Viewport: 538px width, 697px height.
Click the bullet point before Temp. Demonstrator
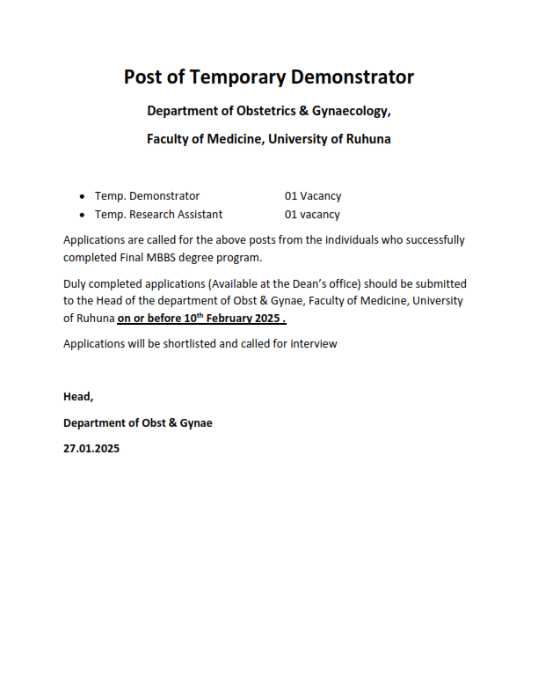82,196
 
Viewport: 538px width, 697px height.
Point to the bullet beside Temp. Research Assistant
82,215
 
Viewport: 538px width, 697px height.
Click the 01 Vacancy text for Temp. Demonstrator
312,196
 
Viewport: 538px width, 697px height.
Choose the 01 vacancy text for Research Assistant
312,215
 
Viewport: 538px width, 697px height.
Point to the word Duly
76,283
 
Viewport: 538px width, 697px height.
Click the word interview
313,343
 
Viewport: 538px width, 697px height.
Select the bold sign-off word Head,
78,397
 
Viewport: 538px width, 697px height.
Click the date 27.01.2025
91,448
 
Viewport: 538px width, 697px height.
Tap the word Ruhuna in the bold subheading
369,139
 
